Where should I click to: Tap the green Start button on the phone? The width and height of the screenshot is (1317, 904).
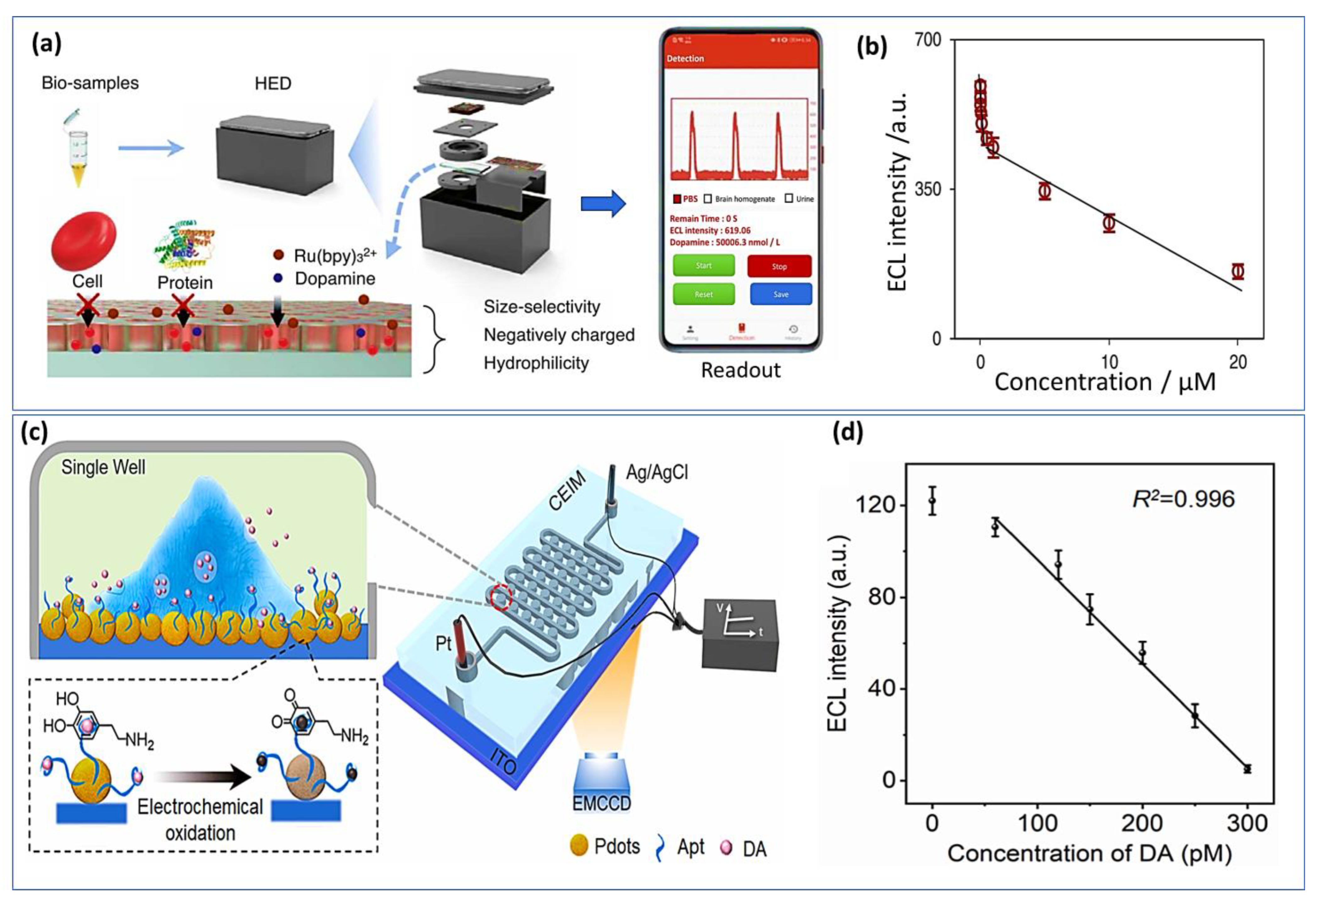click(703, 265)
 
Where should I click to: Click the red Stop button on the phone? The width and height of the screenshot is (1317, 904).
click(779, 266)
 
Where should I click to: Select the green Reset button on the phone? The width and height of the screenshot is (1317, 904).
click(703, 294)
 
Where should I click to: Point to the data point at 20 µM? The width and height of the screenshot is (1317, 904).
click(1238, 271)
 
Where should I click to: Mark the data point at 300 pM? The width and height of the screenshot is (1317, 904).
click(1247, 769)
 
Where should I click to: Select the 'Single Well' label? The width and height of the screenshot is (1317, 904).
click(103, 467)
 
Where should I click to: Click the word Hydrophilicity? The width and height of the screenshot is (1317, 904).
click(536, 363)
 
